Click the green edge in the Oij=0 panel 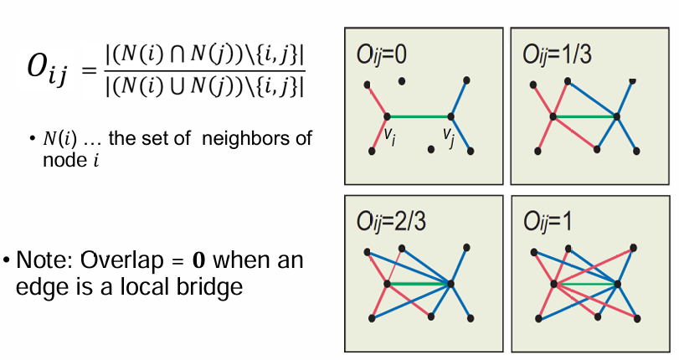(419, 117)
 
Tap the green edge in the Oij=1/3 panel (584, 117)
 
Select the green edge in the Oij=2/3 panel (419, 285)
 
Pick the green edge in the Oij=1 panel (584, 285)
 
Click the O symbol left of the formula (37, 69)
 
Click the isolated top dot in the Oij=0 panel (403, 81)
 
